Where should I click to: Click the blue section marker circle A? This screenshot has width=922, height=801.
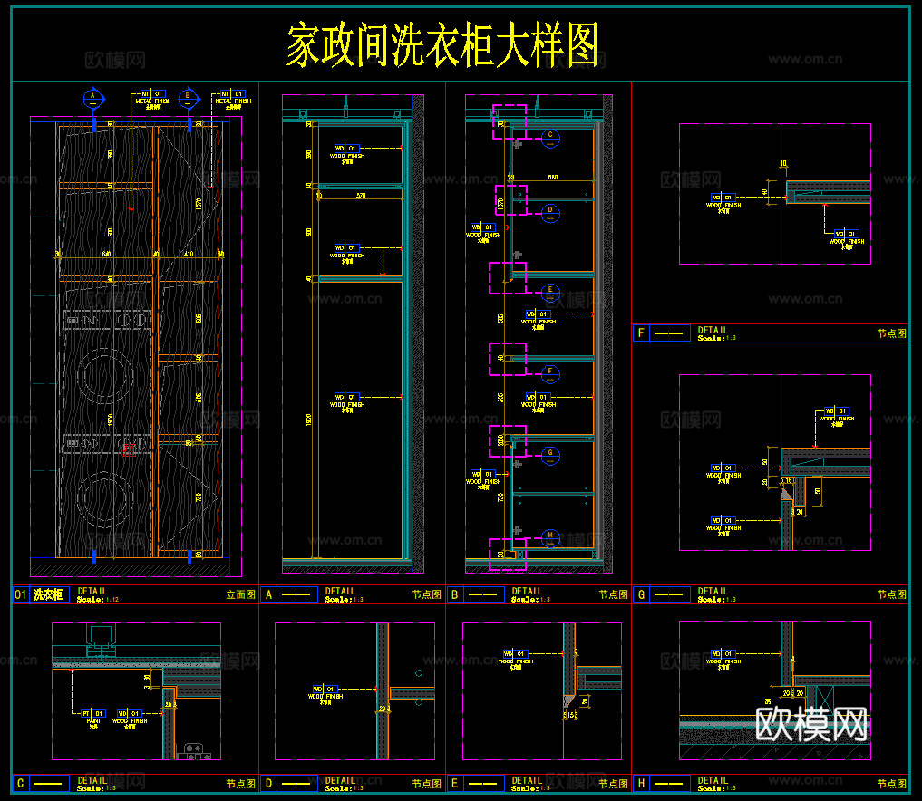[92, 96]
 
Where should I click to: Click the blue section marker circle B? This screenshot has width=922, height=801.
[188, 96]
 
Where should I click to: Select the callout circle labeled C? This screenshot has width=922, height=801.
[549, 138]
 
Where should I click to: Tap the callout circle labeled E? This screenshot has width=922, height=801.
[549, 292]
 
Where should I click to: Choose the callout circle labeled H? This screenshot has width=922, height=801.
[549, 536]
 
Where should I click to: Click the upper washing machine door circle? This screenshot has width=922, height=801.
[102, 376]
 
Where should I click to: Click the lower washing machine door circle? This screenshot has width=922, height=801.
[102, 497]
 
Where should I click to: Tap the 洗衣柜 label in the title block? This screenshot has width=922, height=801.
[49, 595]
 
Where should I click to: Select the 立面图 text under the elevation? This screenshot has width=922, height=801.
[240, 595]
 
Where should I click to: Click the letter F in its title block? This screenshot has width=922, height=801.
[641, 333]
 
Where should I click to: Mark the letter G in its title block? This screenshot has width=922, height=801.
[641, 594]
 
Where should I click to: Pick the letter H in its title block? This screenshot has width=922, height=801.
[641, 783]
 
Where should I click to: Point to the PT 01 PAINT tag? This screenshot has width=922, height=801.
[91, 715]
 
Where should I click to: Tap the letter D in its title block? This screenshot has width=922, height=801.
[268, 783]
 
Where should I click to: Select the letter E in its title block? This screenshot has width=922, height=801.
[454, 783]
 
